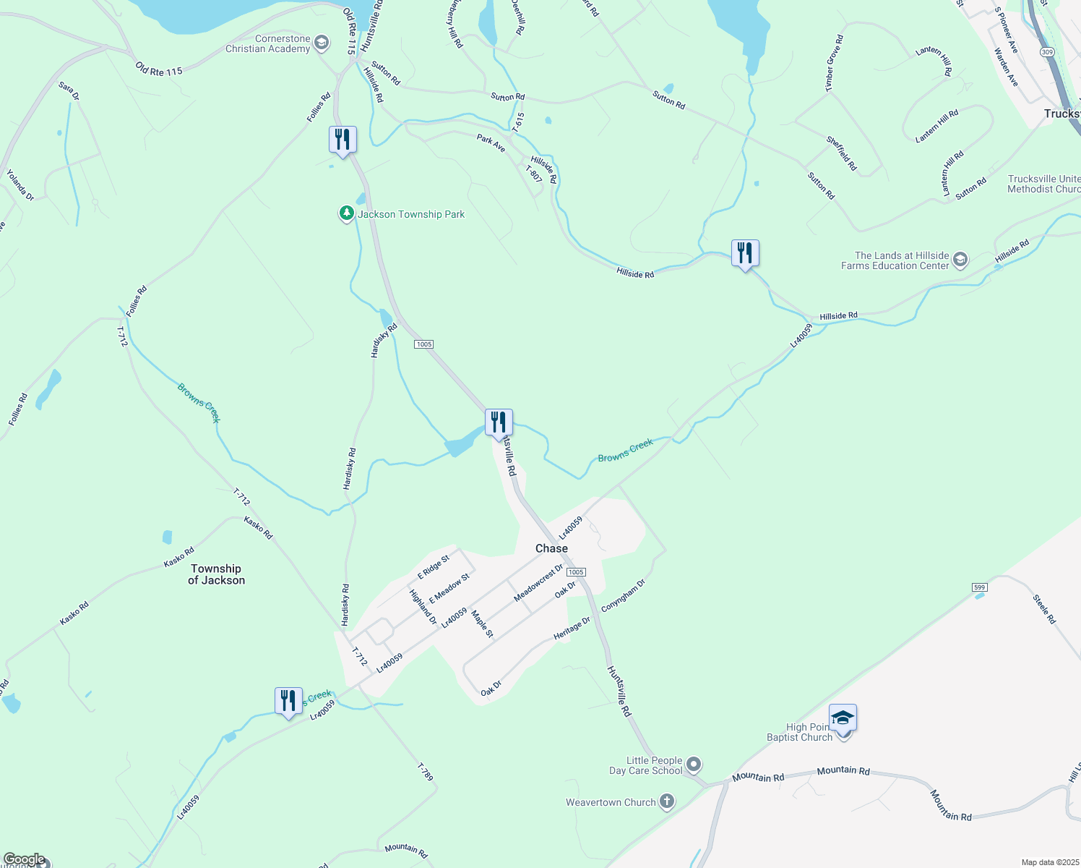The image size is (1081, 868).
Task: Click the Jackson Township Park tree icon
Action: pos(347,213)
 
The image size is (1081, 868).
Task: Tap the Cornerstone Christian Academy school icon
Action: pos(322,43)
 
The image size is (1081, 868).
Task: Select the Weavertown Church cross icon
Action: pos(666,801)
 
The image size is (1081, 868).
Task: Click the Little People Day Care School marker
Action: pos(694,765)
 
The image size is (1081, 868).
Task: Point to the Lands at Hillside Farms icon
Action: pos(960,260)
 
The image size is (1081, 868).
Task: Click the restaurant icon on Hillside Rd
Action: pos(745,253)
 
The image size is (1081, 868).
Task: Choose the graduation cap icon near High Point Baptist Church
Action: pos(843,718)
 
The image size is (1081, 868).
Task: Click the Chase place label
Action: pos(551,548)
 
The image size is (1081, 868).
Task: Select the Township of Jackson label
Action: pos(216,574)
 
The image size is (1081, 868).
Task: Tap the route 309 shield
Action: pos(1048,52)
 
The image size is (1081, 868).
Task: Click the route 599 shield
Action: pos(980,587)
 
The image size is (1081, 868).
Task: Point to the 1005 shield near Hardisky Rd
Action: pos(424,344)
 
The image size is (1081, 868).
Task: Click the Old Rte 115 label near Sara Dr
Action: pos(159,69)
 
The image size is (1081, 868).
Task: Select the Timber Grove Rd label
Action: pos(834,64)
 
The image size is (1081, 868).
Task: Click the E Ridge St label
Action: pos(434,567)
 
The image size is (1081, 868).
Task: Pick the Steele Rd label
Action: pos(1044,609)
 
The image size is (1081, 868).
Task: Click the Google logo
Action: pos(25,859)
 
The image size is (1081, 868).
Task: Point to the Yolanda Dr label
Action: pos(20,185)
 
